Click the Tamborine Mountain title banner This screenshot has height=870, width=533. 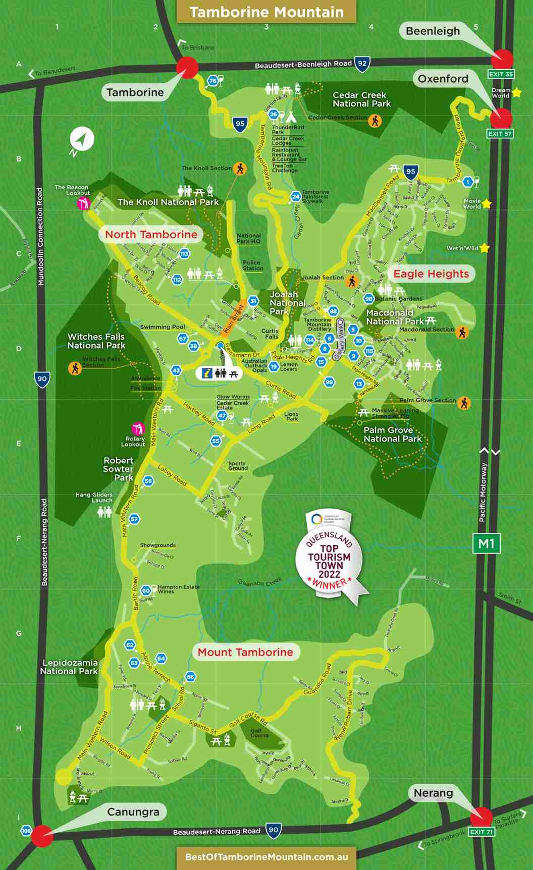pos(266,12)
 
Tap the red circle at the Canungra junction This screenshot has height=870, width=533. pos(42,836)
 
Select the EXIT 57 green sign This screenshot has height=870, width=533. pos(500,134)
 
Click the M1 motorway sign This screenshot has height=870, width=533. pos(486,543)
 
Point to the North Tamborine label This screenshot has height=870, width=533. pos(151,234)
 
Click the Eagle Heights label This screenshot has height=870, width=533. pos(431,274)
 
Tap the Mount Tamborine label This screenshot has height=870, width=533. pos(245,652)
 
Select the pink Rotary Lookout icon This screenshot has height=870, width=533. pos(137,428)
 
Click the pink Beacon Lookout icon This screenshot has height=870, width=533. pos(83,203)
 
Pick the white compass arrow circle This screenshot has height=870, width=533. pos(82,139)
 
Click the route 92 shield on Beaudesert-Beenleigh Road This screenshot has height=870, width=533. pos(362,63)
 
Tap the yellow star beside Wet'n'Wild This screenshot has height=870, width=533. pos(485,248)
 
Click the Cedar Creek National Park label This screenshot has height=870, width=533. pos(361,99)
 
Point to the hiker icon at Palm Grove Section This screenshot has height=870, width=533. pos(463,403)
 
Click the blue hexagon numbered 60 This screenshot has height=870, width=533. pos(146,590)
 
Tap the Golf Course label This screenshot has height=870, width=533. pos(259,733)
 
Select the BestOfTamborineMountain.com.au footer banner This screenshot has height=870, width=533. pos(266,856)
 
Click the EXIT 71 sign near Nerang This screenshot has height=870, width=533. pos(481,832)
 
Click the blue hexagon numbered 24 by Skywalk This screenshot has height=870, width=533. pos(296,196)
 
